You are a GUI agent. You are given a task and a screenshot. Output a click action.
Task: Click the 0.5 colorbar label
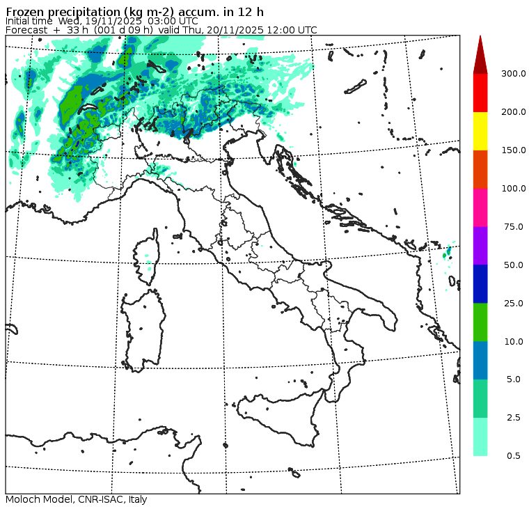click(x=514, y=456)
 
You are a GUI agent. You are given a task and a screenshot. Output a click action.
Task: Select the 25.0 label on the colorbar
click(x=513, y=303)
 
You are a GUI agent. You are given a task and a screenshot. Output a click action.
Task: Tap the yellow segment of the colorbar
click(x=480, y=131)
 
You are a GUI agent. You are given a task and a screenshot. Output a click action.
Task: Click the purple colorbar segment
click(x=480, y=245)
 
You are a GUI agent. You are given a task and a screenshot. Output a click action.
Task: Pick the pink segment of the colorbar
click(x=480, y=207)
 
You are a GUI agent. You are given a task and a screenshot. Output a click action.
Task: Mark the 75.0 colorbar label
click(x=513, y=226)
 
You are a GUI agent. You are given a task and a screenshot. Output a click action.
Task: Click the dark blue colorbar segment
click(x=480, y=283)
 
